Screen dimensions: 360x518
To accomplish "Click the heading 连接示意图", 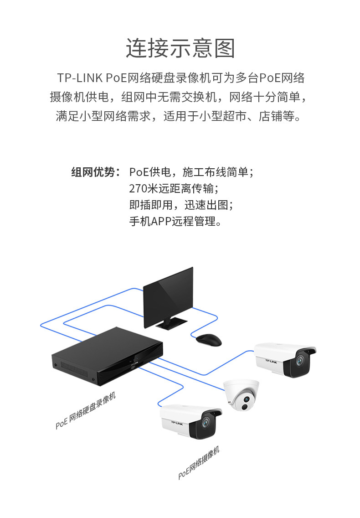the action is click(x=180, y=49).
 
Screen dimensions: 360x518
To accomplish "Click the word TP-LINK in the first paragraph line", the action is click(x=80, y=78).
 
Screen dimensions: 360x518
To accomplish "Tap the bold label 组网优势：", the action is click(x=96, y=172).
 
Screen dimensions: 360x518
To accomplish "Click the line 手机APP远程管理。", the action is click(x=175, y=222).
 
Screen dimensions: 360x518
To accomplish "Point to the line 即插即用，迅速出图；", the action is click(x=181, y=205).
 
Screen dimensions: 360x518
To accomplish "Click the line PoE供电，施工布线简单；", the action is click(x=191, y=172).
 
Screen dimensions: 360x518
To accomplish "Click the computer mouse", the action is click(x=209, y=340).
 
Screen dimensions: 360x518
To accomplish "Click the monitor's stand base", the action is click(x=172, y=323).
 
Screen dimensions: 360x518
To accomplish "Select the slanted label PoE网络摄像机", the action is click(x=199, y=463).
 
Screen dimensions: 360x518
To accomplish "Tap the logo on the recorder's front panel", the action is click(x=133, y=365).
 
